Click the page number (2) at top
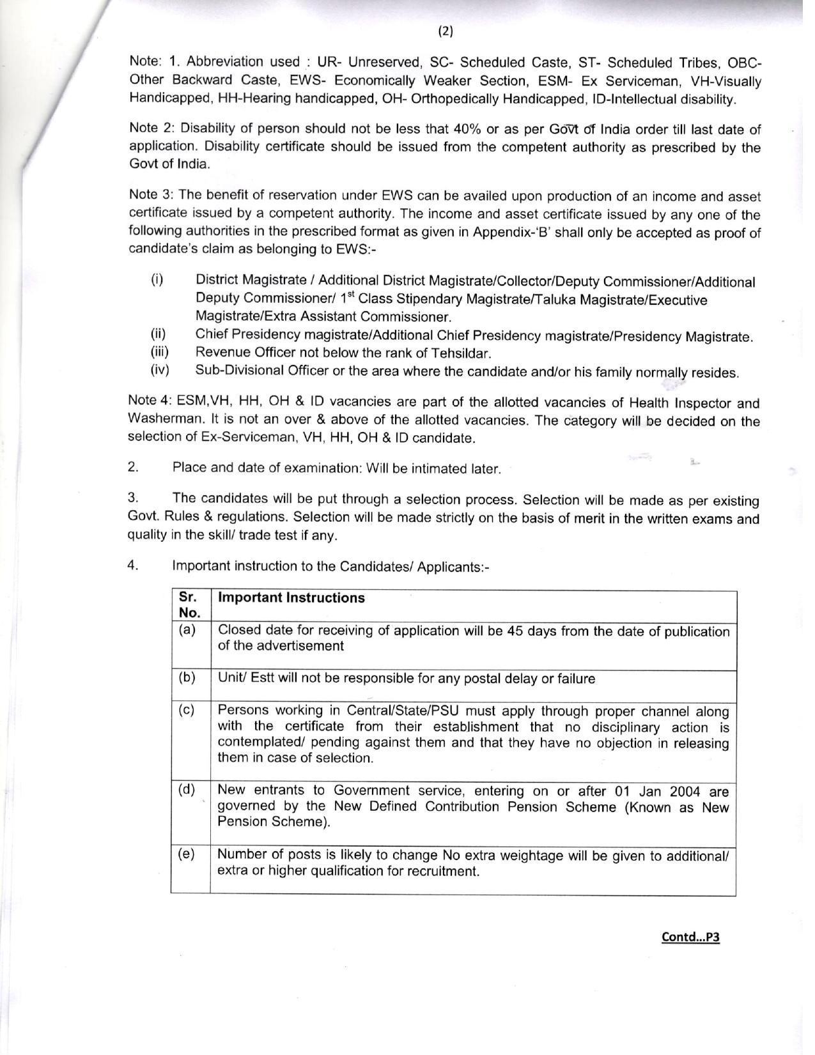point(446,31)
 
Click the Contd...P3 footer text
point(690,937)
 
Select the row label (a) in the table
point(187,630)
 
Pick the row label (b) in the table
point(187,677)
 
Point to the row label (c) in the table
point(187,710)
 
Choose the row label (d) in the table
point(187,789)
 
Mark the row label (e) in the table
point(187,854)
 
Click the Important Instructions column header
point(291,597)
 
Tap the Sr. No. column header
point(189,605)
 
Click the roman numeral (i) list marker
point(157,279)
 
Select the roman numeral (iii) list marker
point(160,351)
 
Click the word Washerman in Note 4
point(159,419)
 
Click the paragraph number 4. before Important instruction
point(132,565)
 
